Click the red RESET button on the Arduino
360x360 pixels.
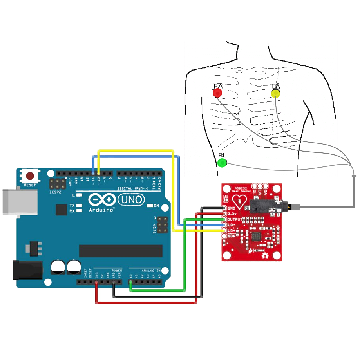(x=30, y=175)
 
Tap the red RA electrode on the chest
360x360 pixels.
(x=217, y=93)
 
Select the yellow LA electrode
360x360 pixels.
(x=275, y=94)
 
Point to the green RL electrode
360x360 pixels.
(x=222, y=163)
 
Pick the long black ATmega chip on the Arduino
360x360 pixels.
(x=121, y=251)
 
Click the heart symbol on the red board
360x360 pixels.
(x=240, y=203)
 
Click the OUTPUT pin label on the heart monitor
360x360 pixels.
(x=235, y=219)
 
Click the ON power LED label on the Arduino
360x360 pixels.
(x=156, y=206)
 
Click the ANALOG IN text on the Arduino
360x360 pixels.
(x=150, y=270)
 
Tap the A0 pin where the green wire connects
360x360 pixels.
(x=130, y=282)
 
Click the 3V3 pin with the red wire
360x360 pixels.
(x=96, y=282)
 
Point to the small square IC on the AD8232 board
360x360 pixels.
(x=256, y=236)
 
